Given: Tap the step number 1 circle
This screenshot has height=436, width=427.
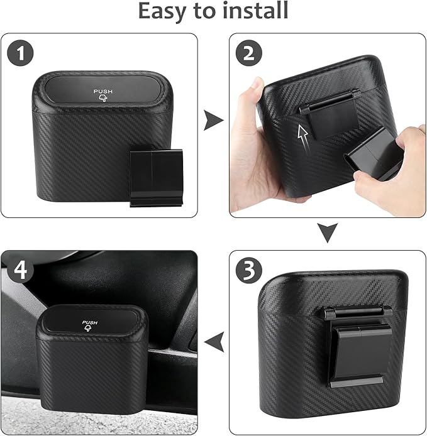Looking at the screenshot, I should point(21,53).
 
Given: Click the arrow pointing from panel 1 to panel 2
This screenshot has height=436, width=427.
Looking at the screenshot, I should point(214,120).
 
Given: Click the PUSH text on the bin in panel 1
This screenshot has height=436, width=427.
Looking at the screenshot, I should point(104,91).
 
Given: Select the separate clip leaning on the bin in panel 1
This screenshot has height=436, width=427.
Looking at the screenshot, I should point(155,178).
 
